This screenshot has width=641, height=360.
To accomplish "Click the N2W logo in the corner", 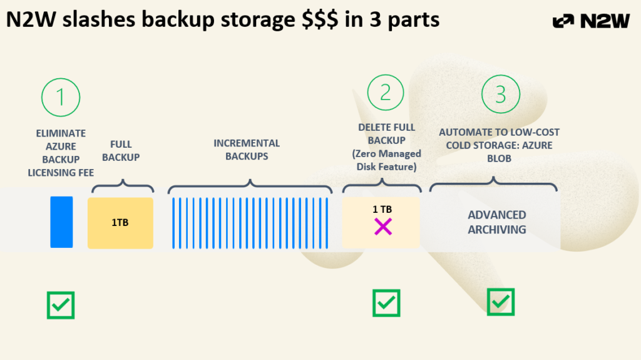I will click(x=591, y=21).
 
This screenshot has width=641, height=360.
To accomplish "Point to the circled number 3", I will click(x=500, y=95).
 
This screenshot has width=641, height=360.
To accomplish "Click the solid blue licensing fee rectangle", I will click(x=61, y=222).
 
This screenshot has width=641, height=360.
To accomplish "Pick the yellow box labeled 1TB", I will click(x=120, y=223).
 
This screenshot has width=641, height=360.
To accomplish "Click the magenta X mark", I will click(x=382, y=226).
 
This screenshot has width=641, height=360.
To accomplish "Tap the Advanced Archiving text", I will click(x=497, y=222).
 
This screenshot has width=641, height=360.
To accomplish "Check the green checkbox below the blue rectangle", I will click(x=61, y=304).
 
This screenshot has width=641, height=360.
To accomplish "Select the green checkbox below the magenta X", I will click(x=386, y=302).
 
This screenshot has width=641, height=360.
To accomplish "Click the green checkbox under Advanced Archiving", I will click(x=500, y=302).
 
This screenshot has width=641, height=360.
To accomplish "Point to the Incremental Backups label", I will click(x=247, y=150).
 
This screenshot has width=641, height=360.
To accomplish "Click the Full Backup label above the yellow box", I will click(x=121, y=150).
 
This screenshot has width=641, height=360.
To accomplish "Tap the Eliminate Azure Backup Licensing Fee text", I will click(x=61, y=153).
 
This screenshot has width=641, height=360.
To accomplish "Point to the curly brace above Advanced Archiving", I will click(x=494, y=184).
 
